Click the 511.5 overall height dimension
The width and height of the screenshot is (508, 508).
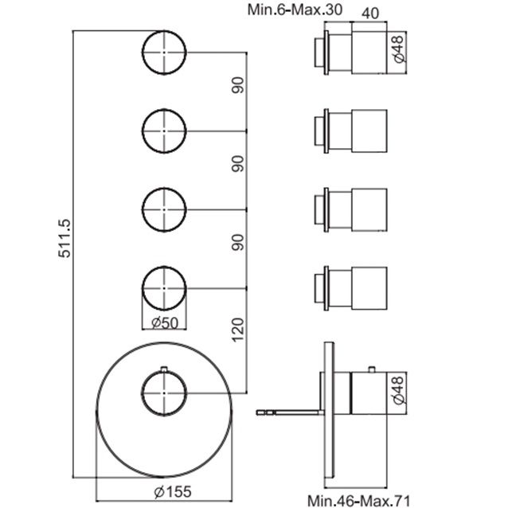(x=64, y=238)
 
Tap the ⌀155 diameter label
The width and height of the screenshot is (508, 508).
(x=173, y=492)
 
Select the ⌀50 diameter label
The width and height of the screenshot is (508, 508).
(x=165, y=322)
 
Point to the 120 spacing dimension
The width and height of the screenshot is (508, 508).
(x=238, y=330)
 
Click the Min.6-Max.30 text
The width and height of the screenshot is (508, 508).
(x=295, y=10)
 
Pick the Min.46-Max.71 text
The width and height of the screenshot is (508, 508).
(x=358, y=501)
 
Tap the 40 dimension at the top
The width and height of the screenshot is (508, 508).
(x=369, y=14)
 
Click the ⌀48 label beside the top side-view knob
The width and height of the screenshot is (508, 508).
(x=398, y=49)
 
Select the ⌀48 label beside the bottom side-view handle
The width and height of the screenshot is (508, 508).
(x=398, y=389)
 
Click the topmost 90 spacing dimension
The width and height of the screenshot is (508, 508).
(x=238, y=85)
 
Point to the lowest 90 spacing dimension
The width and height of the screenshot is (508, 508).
(x=238, y=242)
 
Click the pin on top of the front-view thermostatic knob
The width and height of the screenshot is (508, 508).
(x=164, y=369)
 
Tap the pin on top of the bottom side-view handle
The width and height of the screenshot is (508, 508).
(x=372, y=369)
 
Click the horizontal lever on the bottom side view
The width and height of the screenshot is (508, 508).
(x=290, y=412)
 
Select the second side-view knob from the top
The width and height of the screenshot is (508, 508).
(x=351, y=131)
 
